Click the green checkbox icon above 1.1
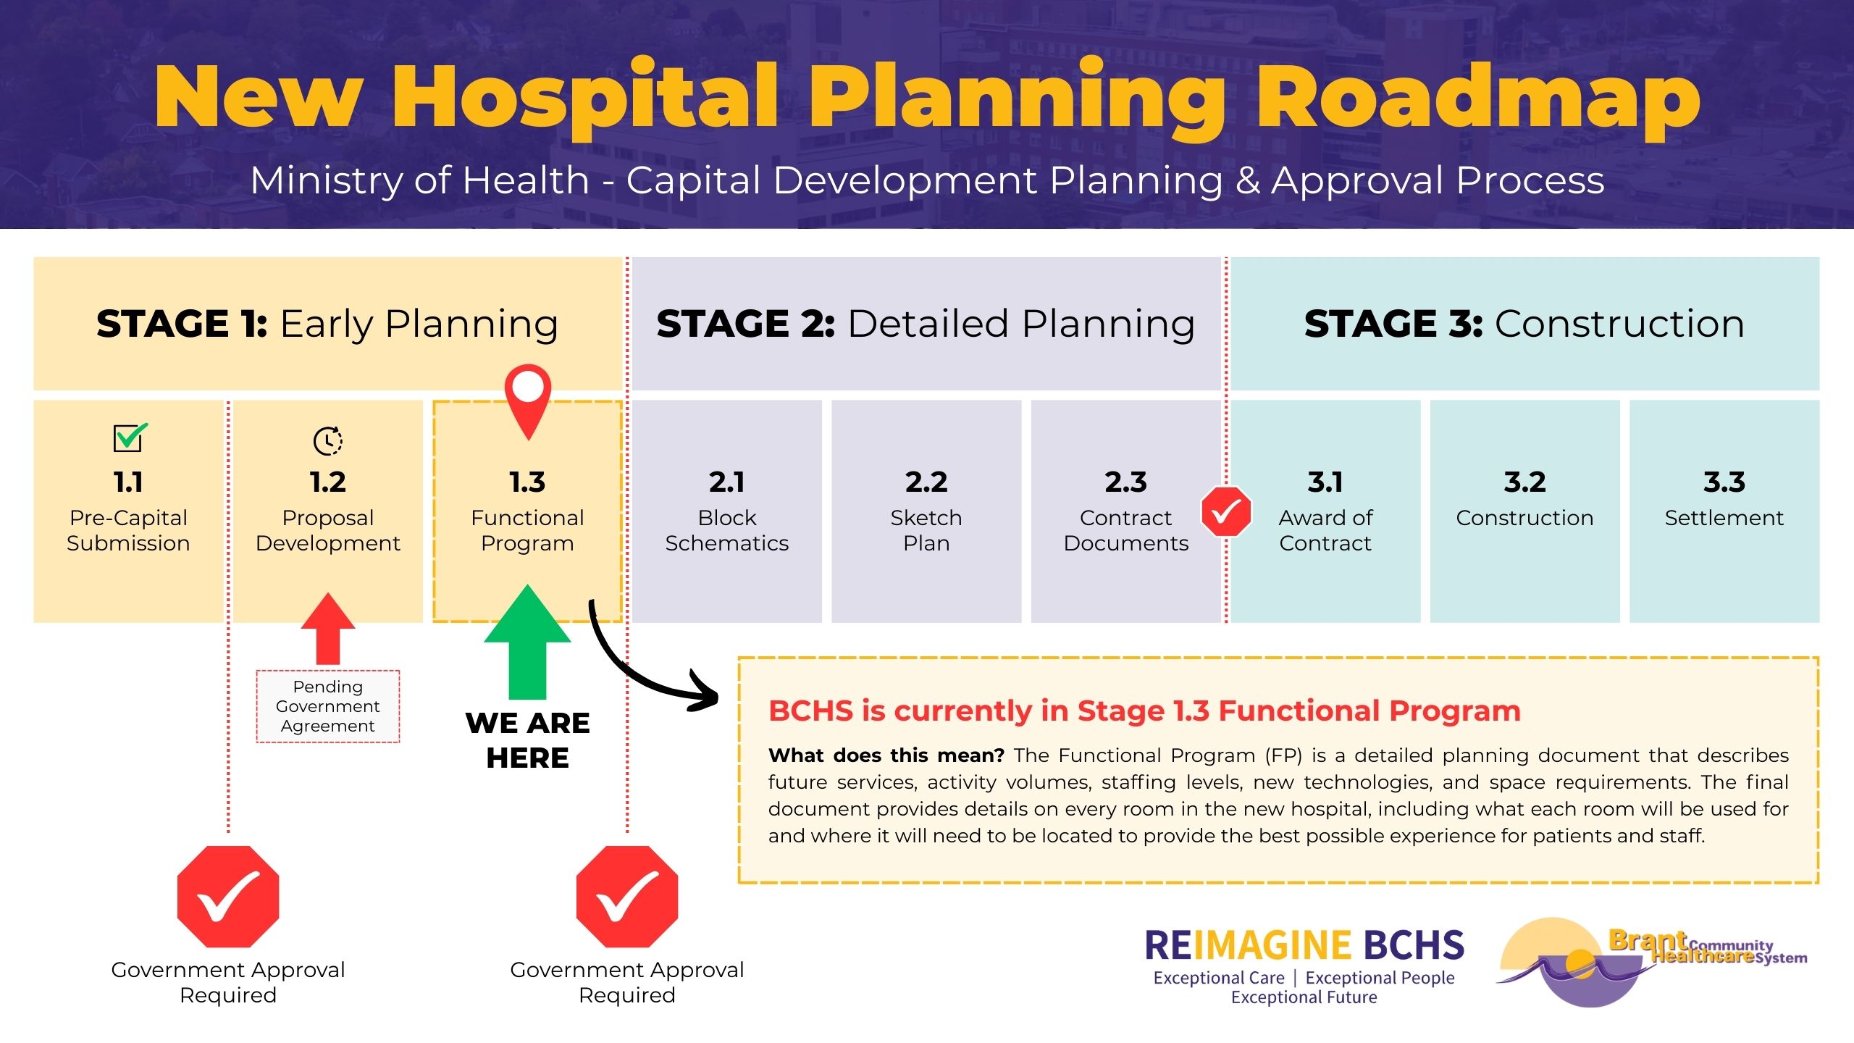pyautogui.click(x=130, y=437)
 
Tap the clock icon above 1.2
pyautogui.click(x=328, y=440)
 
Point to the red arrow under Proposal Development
pyautogui.click(x=328, y=627)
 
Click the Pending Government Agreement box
pyautogui.click(x=328, y=706)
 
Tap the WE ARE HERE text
pyautogui.click(x=527, y=740)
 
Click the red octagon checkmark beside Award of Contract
pyautogui.click(x=1226, y=511)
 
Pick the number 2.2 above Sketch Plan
pyautogui.click(x=926, y=482)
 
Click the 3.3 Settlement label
pyautogui.click(x=1724, y=517)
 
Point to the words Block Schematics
pyautogui.click(x=727, y=530)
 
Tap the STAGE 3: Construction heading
pyautogui.click(x=1524, y=324)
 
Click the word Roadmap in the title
pyautogui.click(x=1477, y=98)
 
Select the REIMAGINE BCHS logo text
pyautogui.click(x=1304, y=946)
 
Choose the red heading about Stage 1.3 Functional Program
pyautogui.click(x=1144, y=711)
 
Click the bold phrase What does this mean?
pyautogui.click(x=886, y=755)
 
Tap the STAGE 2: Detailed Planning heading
pyautogui.click(x=926, y=324)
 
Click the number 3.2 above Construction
pyautogui.click(x=1524, y=482)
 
